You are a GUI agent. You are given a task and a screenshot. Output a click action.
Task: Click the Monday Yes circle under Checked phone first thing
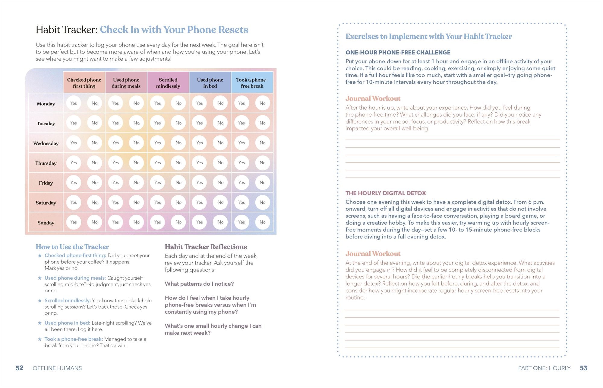coord(74,103)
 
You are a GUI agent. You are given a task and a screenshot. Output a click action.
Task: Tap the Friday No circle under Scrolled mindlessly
coord(178,182)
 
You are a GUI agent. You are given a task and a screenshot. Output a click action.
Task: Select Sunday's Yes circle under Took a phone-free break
coord(242,222)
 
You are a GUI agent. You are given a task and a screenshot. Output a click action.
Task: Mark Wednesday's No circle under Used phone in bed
coord(220,143)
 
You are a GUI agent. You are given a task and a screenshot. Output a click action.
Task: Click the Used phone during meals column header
coord(126,83)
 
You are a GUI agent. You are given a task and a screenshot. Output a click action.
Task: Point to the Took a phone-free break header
coord(252,83)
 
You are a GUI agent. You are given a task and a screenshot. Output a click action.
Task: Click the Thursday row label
coord(46,163)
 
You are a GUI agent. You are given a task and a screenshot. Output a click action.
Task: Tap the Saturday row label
coord(46,203)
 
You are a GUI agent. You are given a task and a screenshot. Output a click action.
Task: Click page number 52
coord(20,368)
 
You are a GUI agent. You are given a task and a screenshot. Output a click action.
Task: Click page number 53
coord(584,368)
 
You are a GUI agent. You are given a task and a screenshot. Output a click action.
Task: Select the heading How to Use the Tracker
coord(72,247)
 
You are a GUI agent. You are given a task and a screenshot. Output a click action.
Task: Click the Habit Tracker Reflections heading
coord(206,247)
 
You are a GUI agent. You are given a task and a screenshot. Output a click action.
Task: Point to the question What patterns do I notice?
coord(199,284)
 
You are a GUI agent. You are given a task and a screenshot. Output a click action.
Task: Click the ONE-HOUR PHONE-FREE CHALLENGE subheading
coord(398,53)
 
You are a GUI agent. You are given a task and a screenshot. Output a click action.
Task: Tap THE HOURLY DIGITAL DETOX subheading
coord(386,193)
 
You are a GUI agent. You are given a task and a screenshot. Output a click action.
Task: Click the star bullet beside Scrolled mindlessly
coord(39,300)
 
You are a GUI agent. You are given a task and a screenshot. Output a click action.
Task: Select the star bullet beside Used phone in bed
coord(39,323)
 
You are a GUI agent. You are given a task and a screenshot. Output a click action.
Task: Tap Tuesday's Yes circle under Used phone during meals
coord(115,123)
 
